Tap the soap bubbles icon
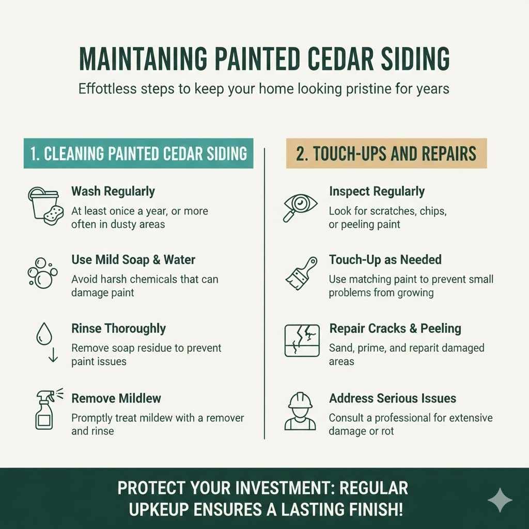(x=40, y=273)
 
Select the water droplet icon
(x=44, y=334)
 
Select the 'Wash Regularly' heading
(x=113, y=191)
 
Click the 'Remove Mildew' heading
(x=116, y=398)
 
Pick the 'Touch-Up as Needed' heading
(x=385, y=259)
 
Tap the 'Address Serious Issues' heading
(x=393, y=398)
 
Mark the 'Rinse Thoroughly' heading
(x=118, y=329)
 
